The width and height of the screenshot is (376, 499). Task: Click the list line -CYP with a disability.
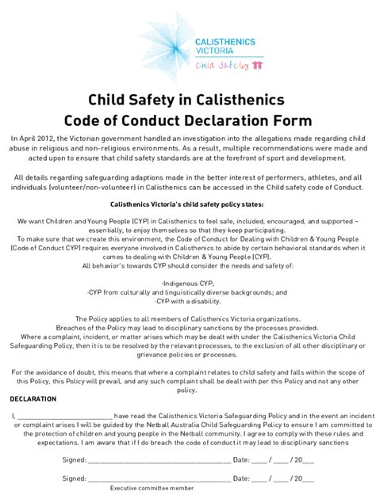pos(188,301)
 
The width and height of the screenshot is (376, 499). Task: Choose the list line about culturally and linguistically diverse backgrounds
pos(188,292)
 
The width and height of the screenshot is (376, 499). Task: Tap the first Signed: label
pos(75,458)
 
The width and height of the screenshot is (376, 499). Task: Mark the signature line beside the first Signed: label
pos(159,459)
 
